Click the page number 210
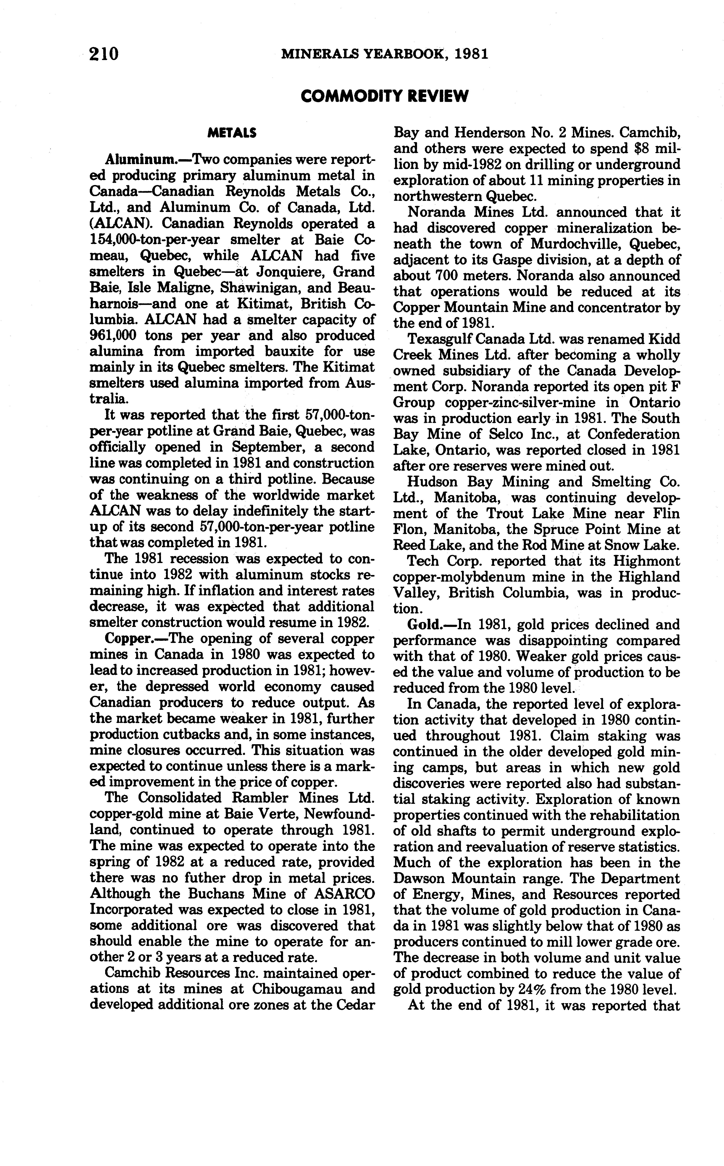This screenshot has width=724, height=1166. pyautogui.click(x=103, y=54)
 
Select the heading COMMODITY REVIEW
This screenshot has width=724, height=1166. pyautogui.click(x=385, y=97)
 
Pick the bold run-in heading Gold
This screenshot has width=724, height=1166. pyautogui.click(x=424, y=625)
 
